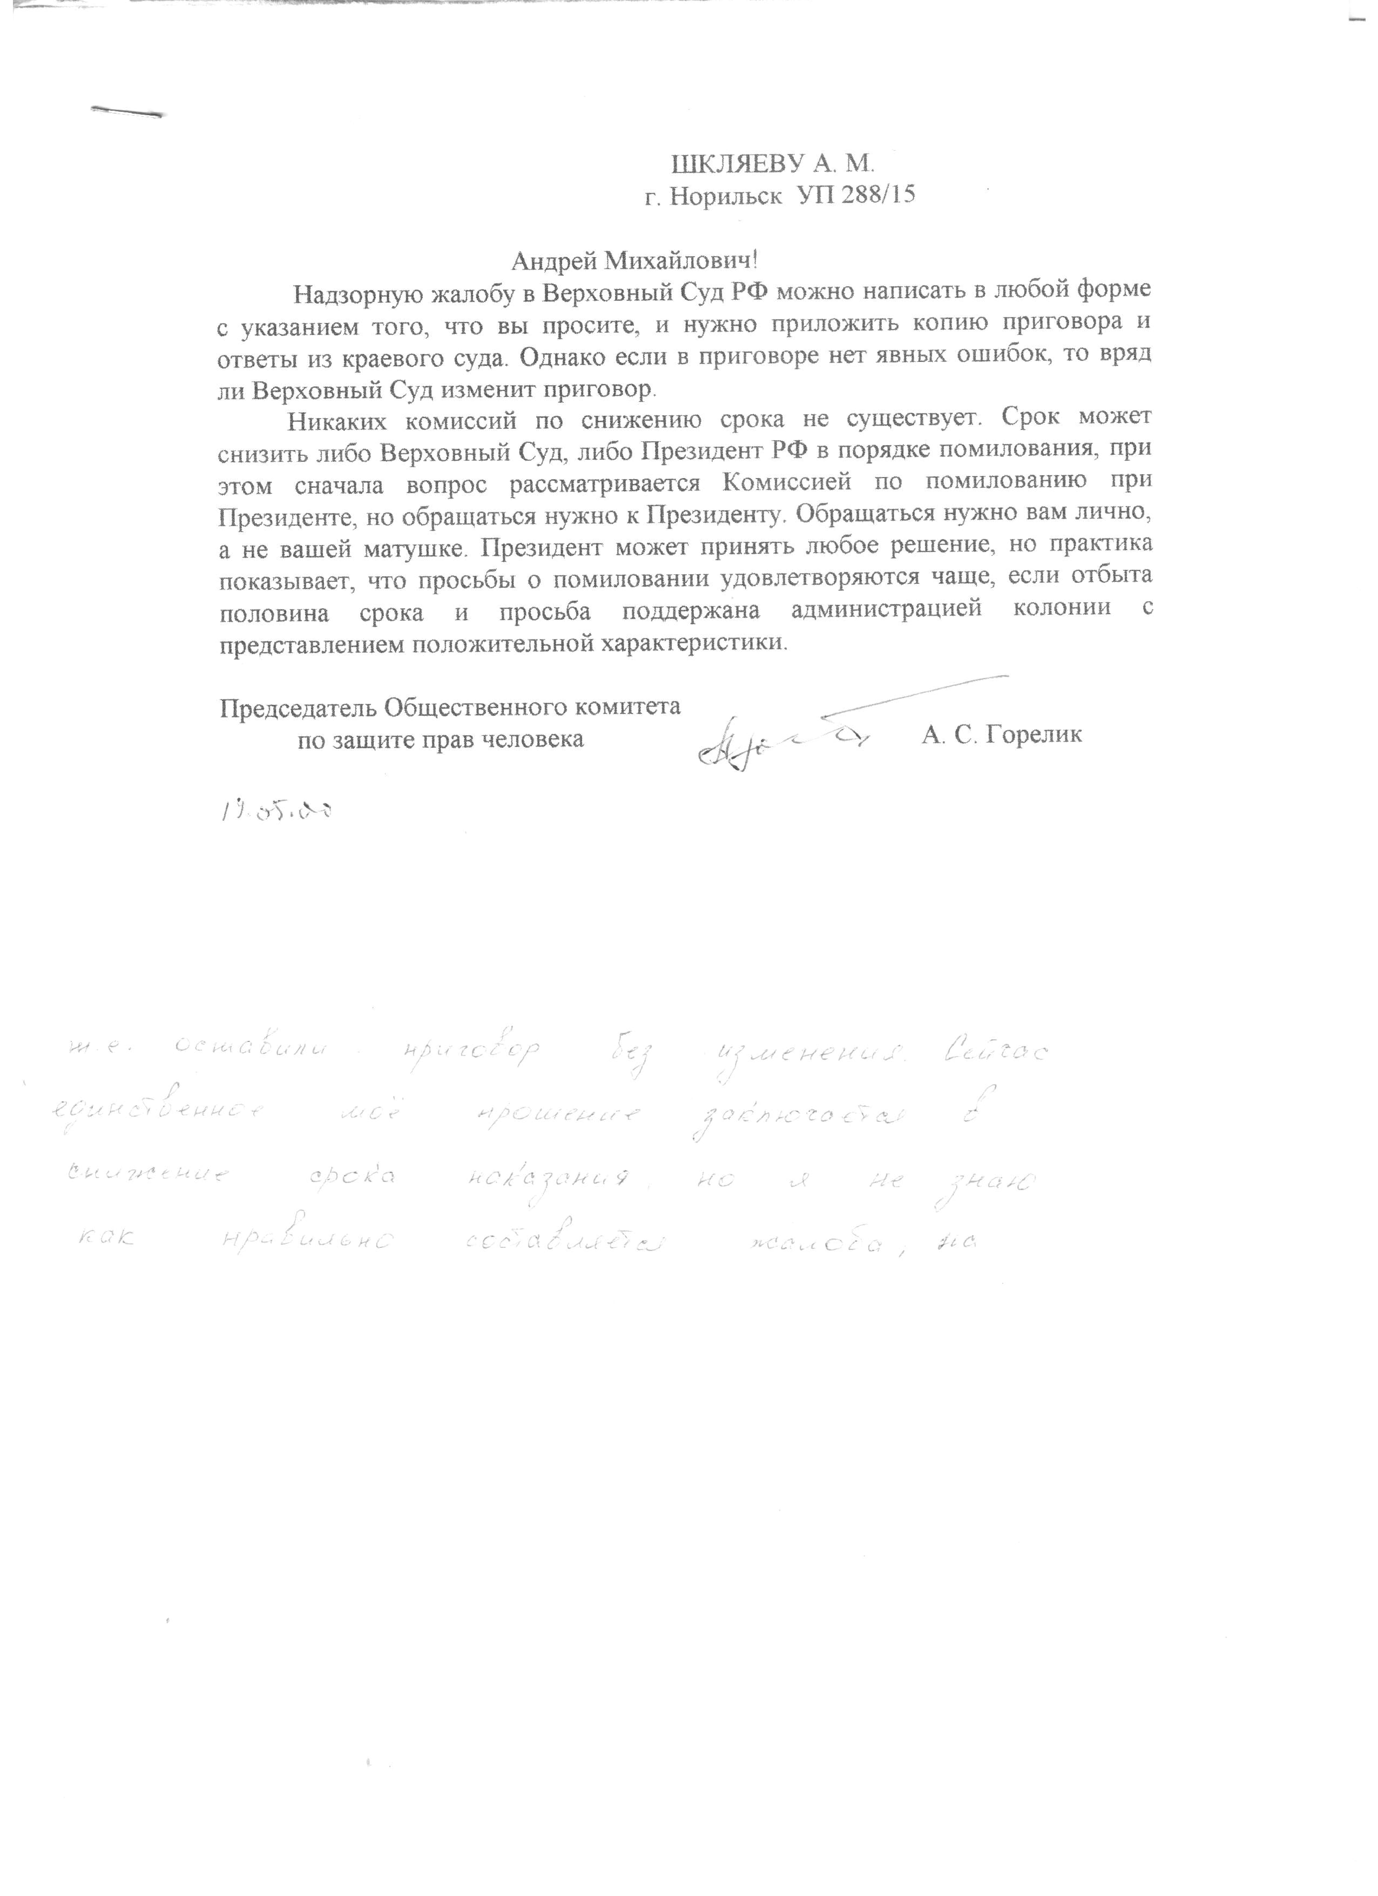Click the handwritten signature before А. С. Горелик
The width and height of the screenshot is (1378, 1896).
click(777, 740)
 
